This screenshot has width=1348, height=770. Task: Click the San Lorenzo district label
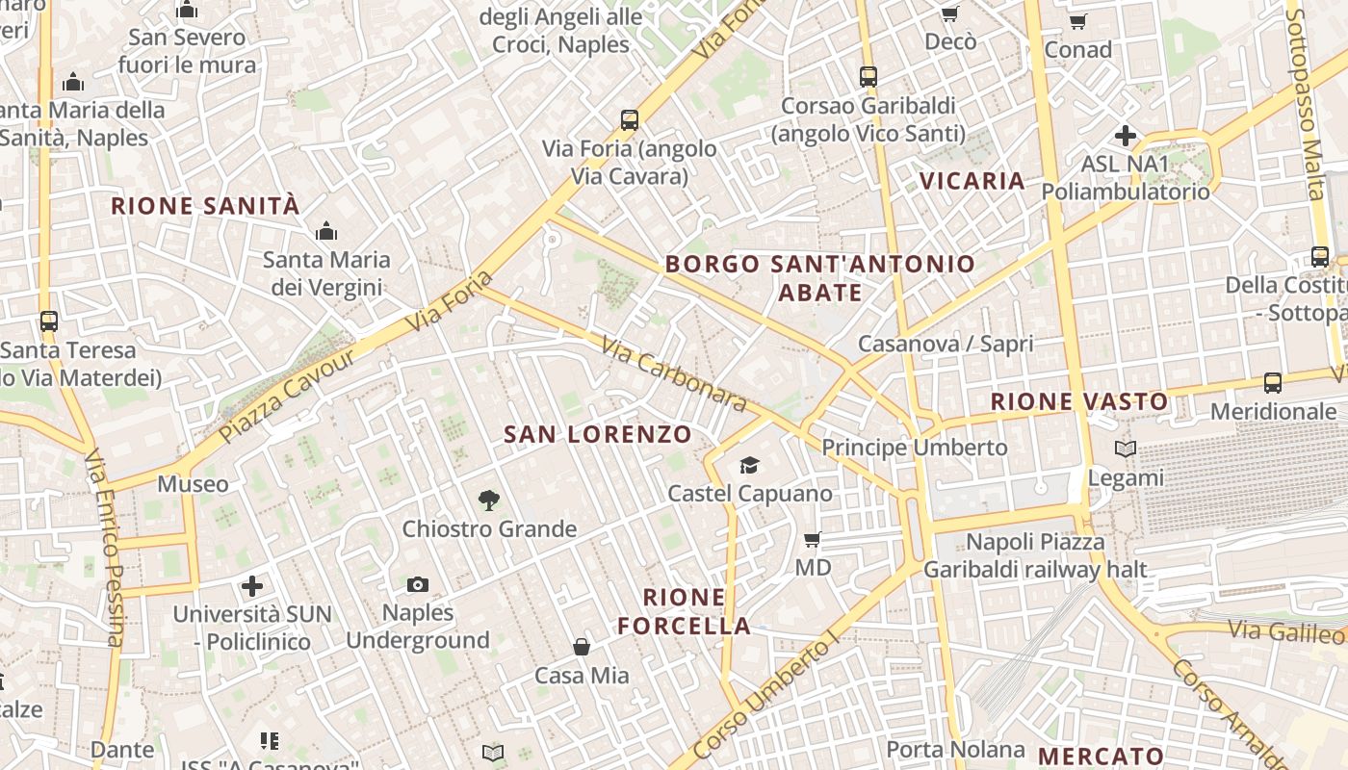coord(598,434)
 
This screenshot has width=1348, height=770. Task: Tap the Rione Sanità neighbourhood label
coord(205,206)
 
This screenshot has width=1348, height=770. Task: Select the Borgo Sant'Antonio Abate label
coord(819,277)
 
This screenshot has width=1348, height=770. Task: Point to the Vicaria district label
coord(972,181)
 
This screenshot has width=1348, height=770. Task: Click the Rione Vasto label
coord(1079,401)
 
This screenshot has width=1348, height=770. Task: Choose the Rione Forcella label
coord(684,611)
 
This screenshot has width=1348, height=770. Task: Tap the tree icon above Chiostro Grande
coord(489,500)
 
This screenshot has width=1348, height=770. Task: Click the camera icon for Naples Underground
coord(418,584)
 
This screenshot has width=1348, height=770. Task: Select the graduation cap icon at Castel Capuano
coord(749,466)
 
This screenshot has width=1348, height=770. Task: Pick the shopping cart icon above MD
coord(813,539)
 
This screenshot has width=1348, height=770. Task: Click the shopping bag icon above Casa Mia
coord(582,646)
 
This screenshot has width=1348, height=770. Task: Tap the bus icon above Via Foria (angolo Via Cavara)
coord(630,120)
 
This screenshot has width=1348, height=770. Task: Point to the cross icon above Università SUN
coord(252,585)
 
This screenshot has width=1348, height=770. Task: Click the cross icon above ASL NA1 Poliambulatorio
coord(1125,136)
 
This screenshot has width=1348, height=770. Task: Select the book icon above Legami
coord(1125,449)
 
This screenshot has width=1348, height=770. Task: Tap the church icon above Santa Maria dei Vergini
coord(326,231)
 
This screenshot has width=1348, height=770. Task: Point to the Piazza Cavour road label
coord(286,396)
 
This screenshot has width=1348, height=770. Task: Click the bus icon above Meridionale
coord(1273,383)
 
